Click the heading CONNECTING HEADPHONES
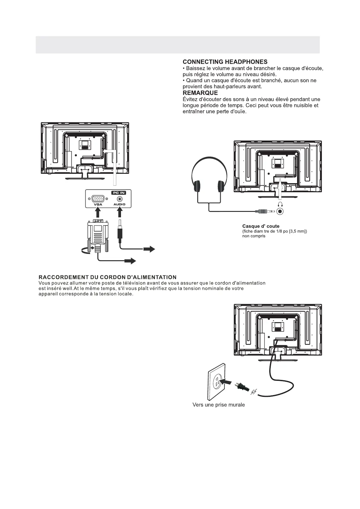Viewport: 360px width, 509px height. pyautogui.click(x=225, y=62)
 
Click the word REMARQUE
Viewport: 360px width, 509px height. pyautogui.click(x=200, y=93)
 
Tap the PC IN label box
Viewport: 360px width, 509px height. pyautogui.click(x=118, y=193)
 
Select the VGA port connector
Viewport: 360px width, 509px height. pyautogui.click(x=98, y=199)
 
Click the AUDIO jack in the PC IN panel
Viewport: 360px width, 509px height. pyautogui.click(x=119, y=199)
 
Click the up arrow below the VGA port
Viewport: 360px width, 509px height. pyautogui.click(x=98, y=213)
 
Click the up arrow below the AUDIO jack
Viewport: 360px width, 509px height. pyautogui.click(x=120, y=213)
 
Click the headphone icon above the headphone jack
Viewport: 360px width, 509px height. pyautogui.click(x=280, y=204)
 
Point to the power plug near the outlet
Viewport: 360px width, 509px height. pyautogui.click(x=242, y=387)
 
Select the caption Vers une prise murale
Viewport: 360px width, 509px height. pyautogui.click(x=218, y=405)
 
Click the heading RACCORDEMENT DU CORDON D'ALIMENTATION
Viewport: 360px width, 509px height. pyautogui.click(x=107, y=277)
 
